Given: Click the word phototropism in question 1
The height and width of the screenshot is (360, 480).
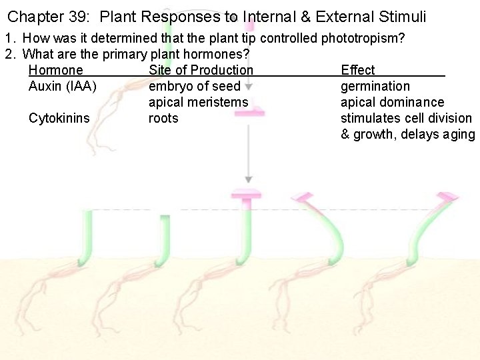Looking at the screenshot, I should point(362,38).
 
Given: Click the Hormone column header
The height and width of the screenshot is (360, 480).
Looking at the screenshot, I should point(56,70).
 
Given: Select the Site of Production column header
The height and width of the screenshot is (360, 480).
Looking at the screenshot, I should point(201,70).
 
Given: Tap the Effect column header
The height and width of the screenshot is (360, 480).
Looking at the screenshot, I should point(358,70).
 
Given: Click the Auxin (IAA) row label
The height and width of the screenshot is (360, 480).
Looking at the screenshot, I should point(63,86).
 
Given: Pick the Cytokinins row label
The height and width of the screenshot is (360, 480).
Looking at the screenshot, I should point(59,118).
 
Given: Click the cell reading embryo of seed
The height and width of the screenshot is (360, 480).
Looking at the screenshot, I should point(194,86).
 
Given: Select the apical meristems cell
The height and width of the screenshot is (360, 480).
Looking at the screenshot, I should point(198,102).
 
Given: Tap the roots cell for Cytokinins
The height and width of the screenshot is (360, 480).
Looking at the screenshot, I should point(163,118).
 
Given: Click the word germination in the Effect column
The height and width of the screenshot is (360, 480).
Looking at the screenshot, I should point(375,86).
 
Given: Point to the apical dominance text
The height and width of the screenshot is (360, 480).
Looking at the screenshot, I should point(392,102).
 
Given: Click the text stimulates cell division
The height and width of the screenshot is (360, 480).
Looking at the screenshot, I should point(406,118).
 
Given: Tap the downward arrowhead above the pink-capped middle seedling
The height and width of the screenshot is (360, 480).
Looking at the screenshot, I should point(248,179).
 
